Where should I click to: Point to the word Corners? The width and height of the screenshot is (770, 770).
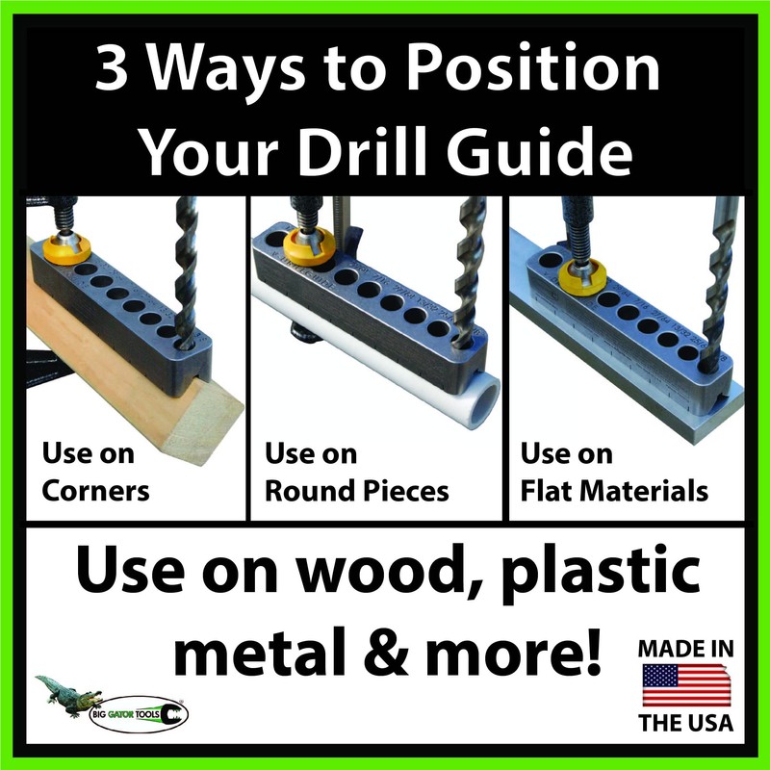coord(95,491)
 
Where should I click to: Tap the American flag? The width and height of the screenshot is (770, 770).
coord(685,684)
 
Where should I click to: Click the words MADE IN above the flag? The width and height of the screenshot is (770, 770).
coord(685,648)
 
